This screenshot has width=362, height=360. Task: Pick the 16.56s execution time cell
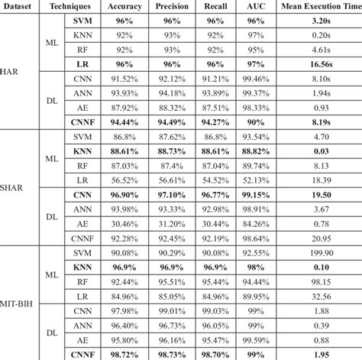click(321, 66)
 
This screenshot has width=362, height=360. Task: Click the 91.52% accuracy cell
click(124, 79)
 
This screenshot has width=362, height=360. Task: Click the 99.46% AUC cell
click(253, 79)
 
